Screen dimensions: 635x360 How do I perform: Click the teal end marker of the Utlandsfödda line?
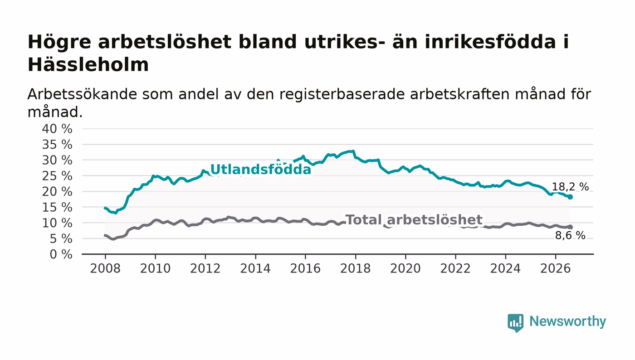pos(570,197)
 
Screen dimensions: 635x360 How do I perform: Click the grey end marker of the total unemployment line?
pos(570,227)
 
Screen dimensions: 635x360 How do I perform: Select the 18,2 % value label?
pos(570,187)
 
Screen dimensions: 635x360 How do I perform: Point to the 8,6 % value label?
pos(570,235)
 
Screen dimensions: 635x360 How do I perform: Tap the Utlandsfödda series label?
pos(260,169)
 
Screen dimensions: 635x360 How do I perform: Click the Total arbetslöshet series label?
pos(414,220)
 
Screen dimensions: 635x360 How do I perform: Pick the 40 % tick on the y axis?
pos(57,129)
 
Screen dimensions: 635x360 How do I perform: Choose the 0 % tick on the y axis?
pos(61,254)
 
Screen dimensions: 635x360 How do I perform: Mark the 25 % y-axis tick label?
pos(57,176)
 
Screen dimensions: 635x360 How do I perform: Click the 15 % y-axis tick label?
pos(57,207)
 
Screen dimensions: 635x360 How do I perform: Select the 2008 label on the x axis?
pos(105,268)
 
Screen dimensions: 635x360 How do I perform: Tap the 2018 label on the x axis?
pos(355,268)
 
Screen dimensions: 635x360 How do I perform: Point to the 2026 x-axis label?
pos(555,268)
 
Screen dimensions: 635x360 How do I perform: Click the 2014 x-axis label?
pos(255,268)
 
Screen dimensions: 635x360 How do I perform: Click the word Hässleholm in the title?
pos(88,65)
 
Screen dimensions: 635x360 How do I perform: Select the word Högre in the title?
pos(59,42)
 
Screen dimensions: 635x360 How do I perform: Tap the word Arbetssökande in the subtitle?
pos(82,94)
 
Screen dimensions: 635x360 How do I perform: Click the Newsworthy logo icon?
pos(515,323)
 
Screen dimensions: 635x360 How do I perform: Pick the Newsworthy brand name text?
pos(568,321)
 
